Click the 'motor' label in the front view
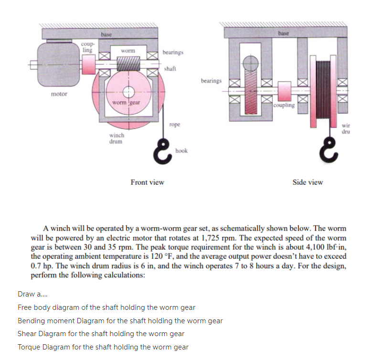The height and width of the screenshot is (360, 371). coord(59,94)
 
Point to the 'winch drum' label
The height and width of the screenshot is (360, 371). coord(117,138)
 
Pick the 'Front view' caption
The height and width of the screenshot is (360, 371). coord(148,182)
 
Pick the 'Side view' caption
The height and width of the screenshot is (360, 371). coord(307,182)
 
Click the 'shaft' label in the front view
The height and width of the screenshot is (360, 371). coord(170,69)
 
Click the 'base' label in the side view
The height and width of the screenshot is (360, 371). coord(284,33)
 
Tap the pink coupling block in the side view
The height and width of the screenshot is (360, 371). coord(285,90)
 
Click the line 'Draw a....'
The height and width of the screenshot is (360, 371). coord(30,295)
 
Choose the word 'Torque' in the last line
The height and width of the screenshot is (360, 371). coord(28,347)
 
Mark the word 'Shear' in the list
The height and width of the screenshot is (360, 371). coord(27,334)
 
